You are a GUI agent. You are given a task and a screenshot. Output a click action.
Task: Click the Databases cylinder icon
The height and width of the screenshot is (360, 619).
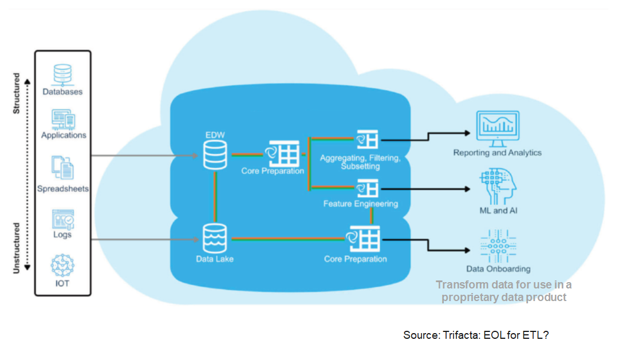(62, 74)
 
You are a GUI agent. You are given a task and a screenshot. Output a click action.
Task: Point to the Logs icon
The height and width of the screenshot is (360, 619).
(62, 219)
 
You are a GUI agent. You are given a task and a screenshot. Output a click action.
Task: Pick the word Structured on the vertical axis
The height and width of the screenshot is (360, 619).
(17, 93)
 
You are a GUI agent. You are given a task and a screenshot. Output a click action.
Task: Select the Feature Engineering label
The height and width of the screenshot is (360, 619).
(361, 204)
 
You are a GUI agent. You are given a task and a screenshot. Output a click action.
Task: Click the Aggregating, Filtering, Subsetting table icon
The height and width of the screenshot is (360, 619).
(367, 139)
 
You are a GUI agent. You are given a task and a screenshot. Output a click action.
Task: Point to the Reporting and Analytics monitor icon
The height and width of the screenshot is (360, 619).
(498, 128)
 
